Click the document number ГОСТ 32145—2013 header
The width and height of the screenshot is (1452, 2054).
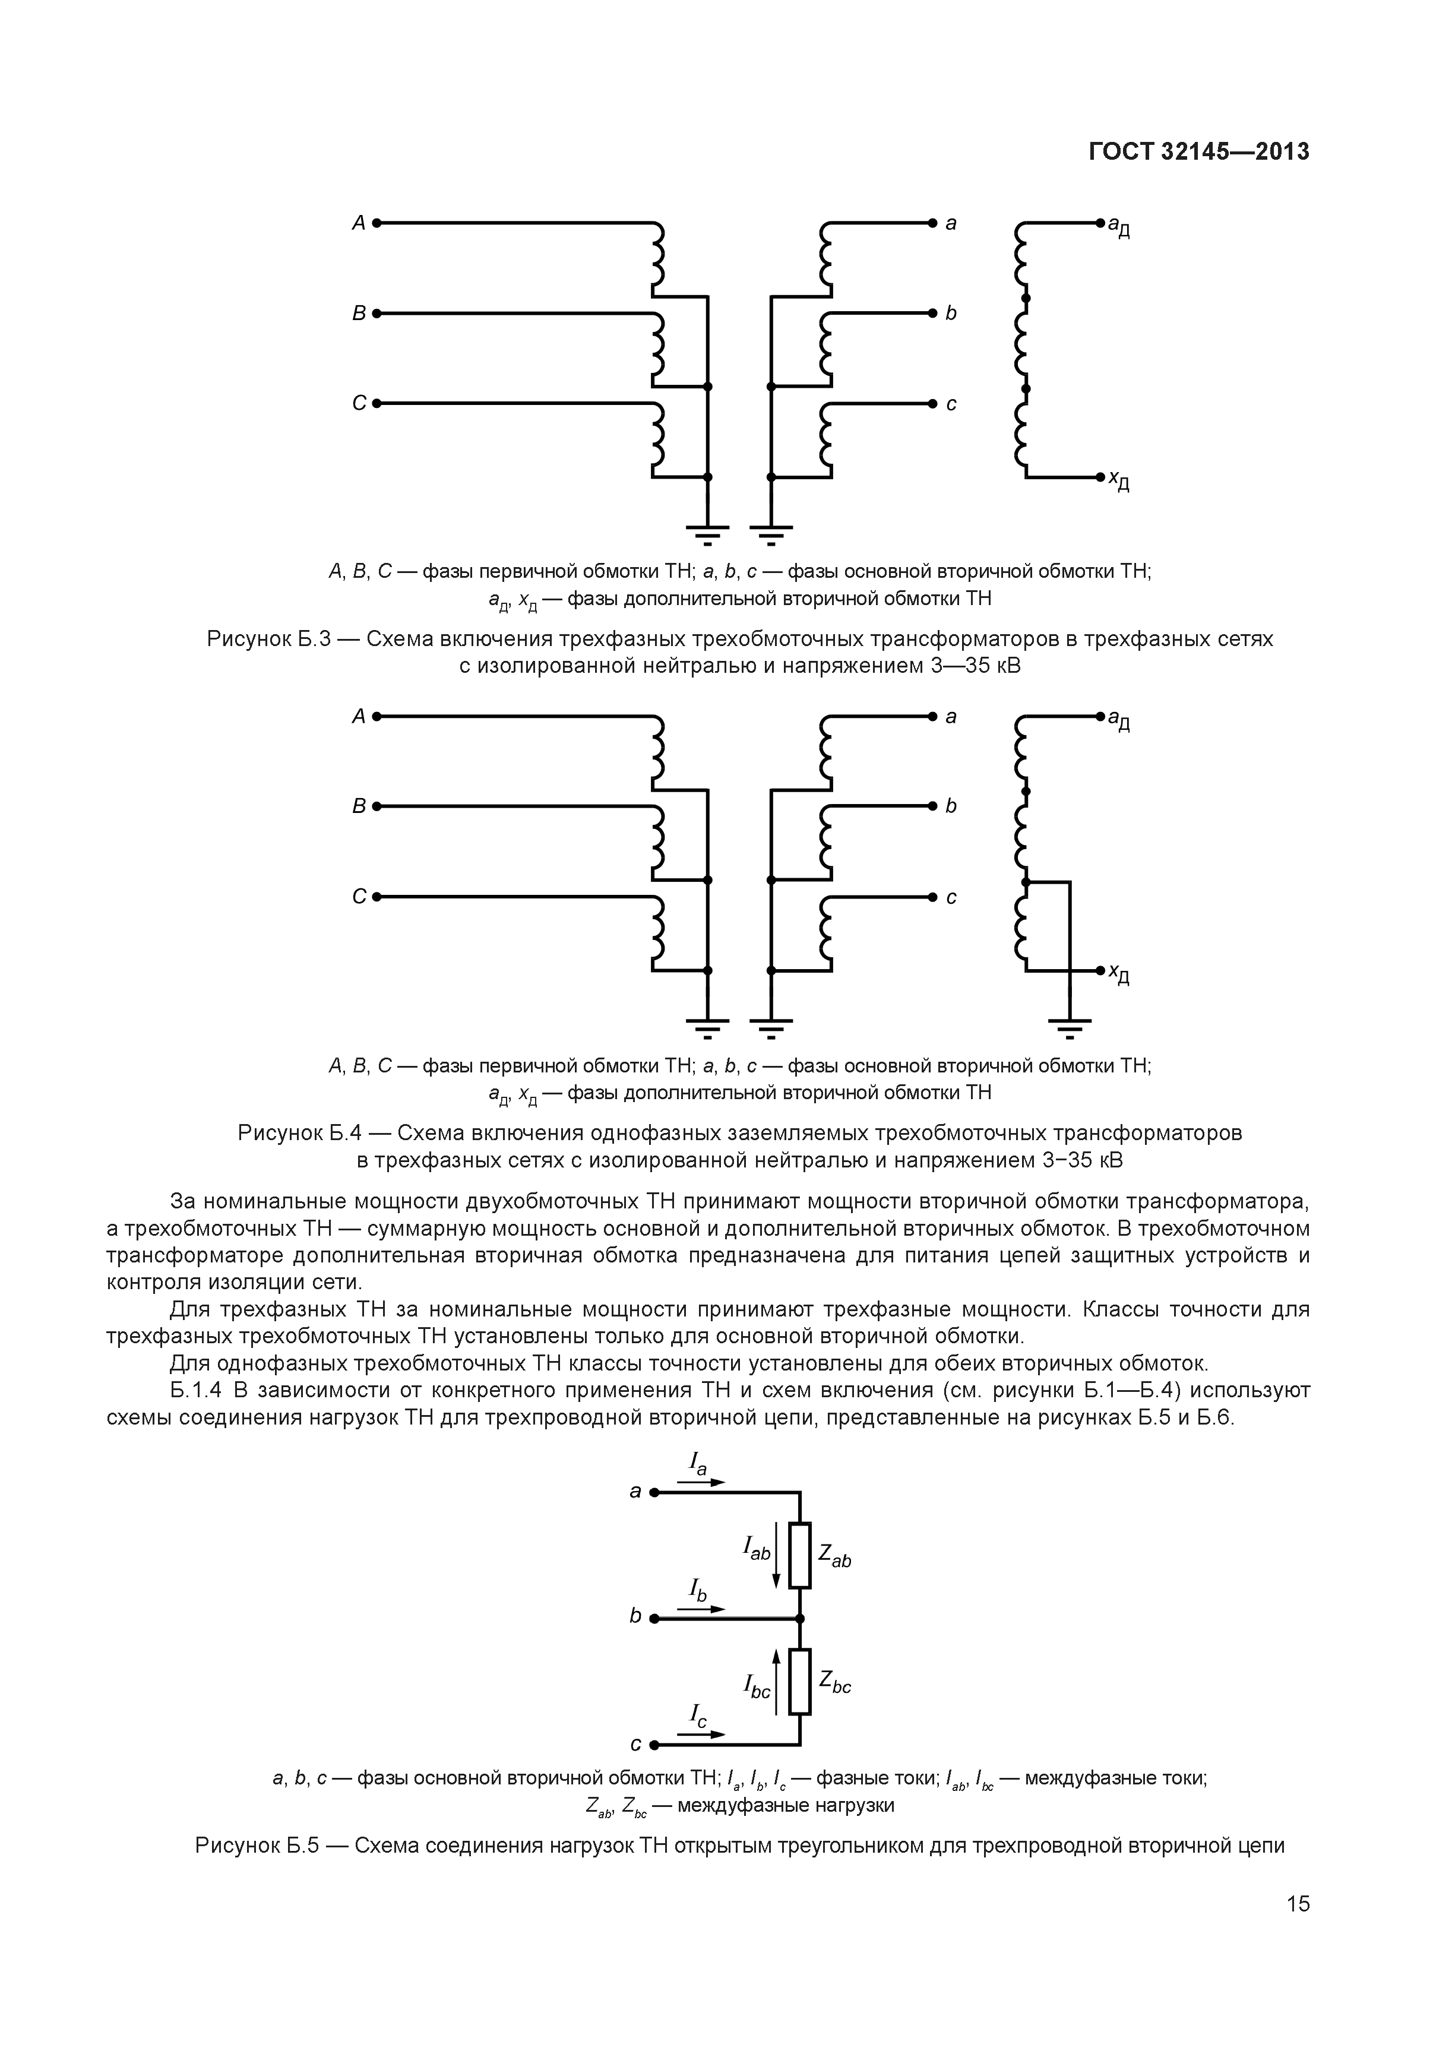click(1199, 152)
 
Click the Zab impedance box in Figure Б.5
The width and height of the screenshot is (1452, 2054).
click(800, 1555)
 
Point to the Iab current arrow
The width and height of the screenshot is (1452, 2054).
click(777, 1556)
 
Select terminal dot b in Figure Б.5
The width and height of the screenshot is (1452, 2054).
click(654, 1618)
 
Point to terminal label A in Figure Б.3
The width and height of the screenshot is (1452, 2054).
click(359, 223)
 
